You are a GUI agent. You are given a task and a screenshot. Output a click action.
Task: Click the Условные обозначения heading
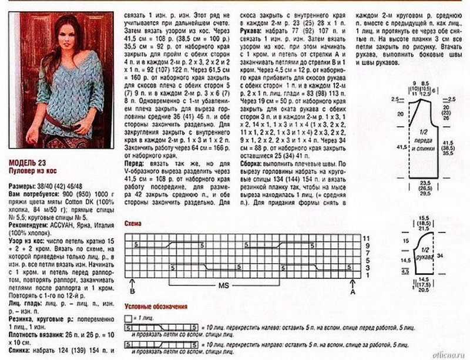[156, 307]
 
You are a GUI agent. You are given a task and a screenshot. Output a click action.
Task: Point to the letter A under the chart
[352, 290]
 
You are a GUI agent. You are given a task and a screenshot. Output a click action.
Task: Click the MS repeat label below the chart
[224, 286]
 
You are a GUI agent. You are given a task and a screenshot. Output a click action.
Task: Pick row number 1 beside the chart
[365, 274]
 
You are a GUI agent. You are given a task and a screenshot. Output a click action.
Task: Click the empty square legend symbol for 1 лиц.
[128, 317]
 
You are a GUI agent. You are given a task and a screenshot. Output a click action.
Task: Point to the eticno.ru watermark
[450, 354]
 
